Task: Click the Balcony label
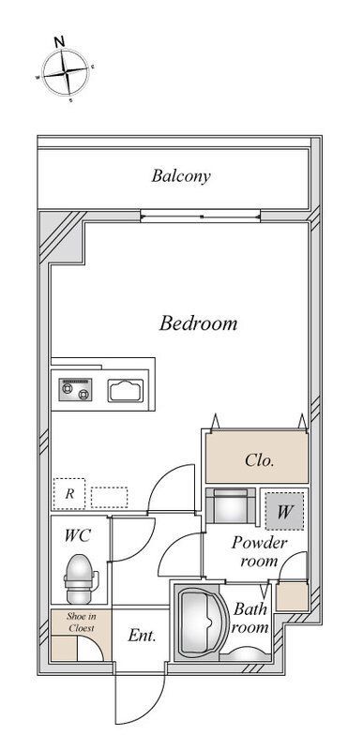point(181,176)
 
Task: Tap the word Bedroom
point(198,323)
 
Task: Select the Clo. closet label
point(259,460)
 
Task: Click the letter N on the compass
point(59,41)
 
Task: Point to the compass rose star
point(66,72)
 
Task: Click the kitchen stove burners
point(76,389)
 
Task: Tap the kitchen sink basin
point(126,390)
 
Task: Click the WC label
point(78,535)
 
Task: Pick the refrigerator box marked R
point(68,494)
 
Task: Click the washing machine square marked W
point(284,511)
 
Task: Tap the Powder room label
point(259,552)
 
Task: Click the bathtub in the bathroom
point(199,622)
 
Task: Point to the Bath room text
point(250,618)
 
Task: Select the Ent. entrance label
point(142,636)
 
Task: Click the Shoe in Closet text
point(81,622)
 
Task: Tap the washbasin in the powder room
point(231,505)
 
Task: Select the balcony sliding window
point(201,217)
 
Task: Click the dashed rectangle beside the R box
point(109,497)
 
